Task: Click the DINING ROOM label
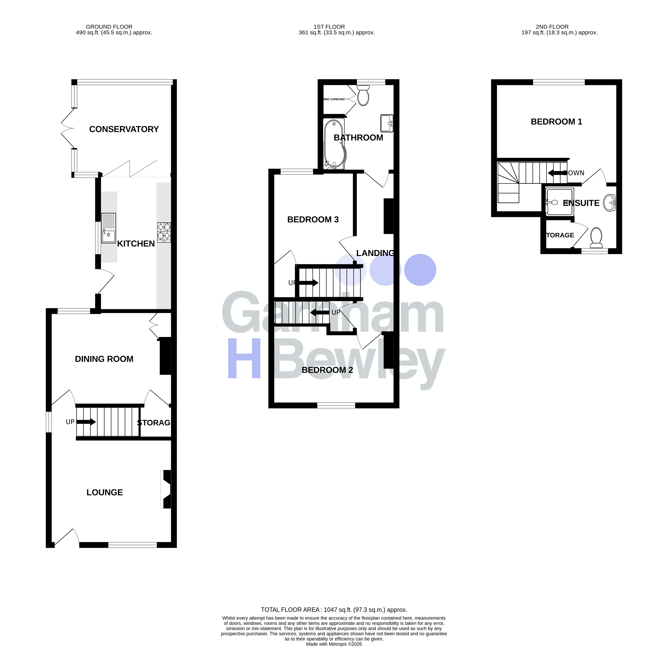pos(104,359)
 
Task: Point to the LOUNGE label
pos(105,492)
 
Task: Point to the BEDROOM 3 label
pos(313,220)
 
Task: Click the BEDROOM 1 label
pos(556,122)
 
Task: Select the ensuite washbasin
pos(609,203)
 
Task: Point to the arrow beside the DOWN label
pos(556,173)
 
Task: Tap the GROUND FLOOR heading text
pos(109,26)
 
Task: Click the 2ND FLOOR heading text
pos(552,26)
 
